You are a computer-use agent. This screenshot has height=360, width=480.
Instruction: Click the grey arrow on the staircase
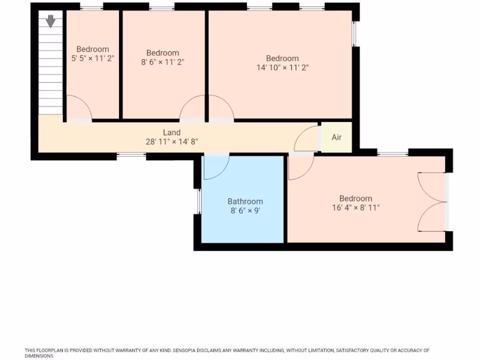click(x=51, y=21)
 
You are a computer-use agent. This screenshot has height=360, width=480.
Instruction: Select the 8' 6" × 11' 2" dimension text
click(x=162, y=62)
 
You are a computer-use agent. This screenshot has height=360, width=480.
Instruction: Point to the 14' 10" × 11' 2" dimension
click(x=282, y=67)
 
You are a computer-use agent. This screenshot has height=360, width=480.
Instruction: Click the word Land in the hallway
click(x=172, y=133)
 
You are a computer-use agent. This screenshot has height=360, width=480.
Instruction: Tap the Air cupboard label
click(x=337, y=137)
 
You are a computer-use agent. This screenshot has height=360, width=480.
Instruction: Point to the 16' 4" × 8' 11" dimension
click(x=356, y=207)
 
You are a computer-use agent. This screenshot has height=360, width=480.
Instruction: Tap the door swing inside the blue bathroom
click(x=216, y=167)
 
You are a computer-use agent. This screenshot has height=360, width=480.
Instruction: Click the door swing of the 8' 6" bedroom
click(x=192, y=109)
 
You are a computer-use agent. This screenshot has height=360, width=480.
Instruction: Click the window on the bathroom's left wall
click(x=199, y=202)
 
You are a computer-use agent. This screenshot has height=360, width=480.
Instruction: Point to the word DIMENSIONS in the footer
click(x=40, y=356)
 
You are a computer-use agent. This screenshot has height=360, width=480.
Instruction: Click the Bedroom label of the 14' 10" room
click(x=282, y=59)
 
